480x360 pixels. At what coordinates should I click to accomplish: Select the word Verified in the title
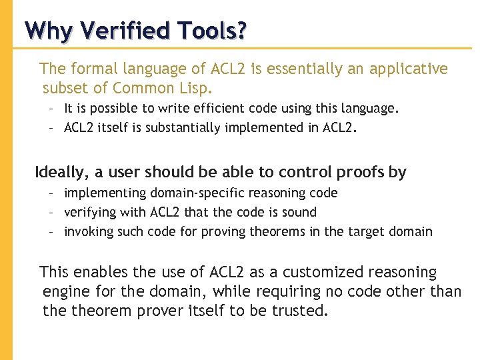pyautogui.click(x=118, y=31)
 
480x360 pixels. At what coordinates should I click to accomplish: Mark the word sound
pyautogui.click(x=301, y=213)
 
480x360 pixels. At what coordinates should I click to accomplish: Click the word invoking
pyautogui.click(x=88, y=232)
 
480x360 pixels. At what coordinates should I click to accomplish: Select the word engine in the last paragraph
pyautogui.click(x=66, y=292)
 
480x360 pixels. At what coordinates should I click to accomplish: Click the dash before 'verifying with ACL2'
pyautogui.click(x=51, y=213)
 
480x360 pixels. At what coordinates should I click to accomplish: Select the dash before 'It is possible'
pyautogui.click(x=51, y=108)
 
